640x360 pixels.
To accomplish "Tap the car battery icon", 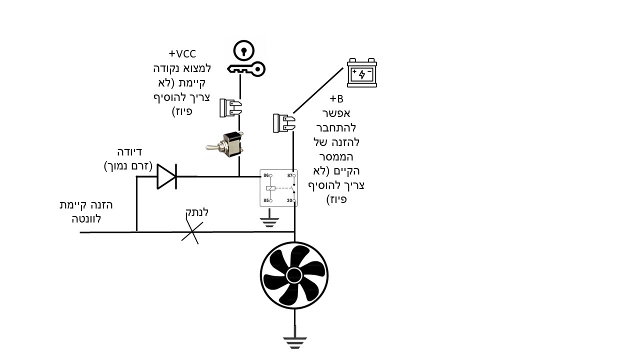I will (362, 73).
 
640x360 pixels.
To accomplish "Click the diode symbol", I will (166, 176).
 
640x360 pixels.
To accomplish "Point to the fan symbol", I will (294, 275).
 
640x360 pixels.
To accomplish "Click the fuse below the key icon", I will (230, 107).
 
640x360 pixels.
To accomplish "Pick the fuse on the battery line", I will (282, 123).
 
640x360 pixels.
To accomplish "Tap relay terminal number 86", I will (266, 176).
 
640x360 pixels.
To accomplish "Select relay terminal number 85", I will (266, 200).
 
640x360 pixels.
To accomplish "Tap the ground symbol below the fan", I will (294, 339).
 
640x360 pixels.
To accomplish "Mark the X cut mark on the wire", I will (190, 232).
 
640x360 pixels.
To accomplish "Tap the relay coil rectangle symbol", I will (270, 188).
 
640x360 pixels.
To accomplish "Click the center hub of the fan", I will (294, 275).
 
